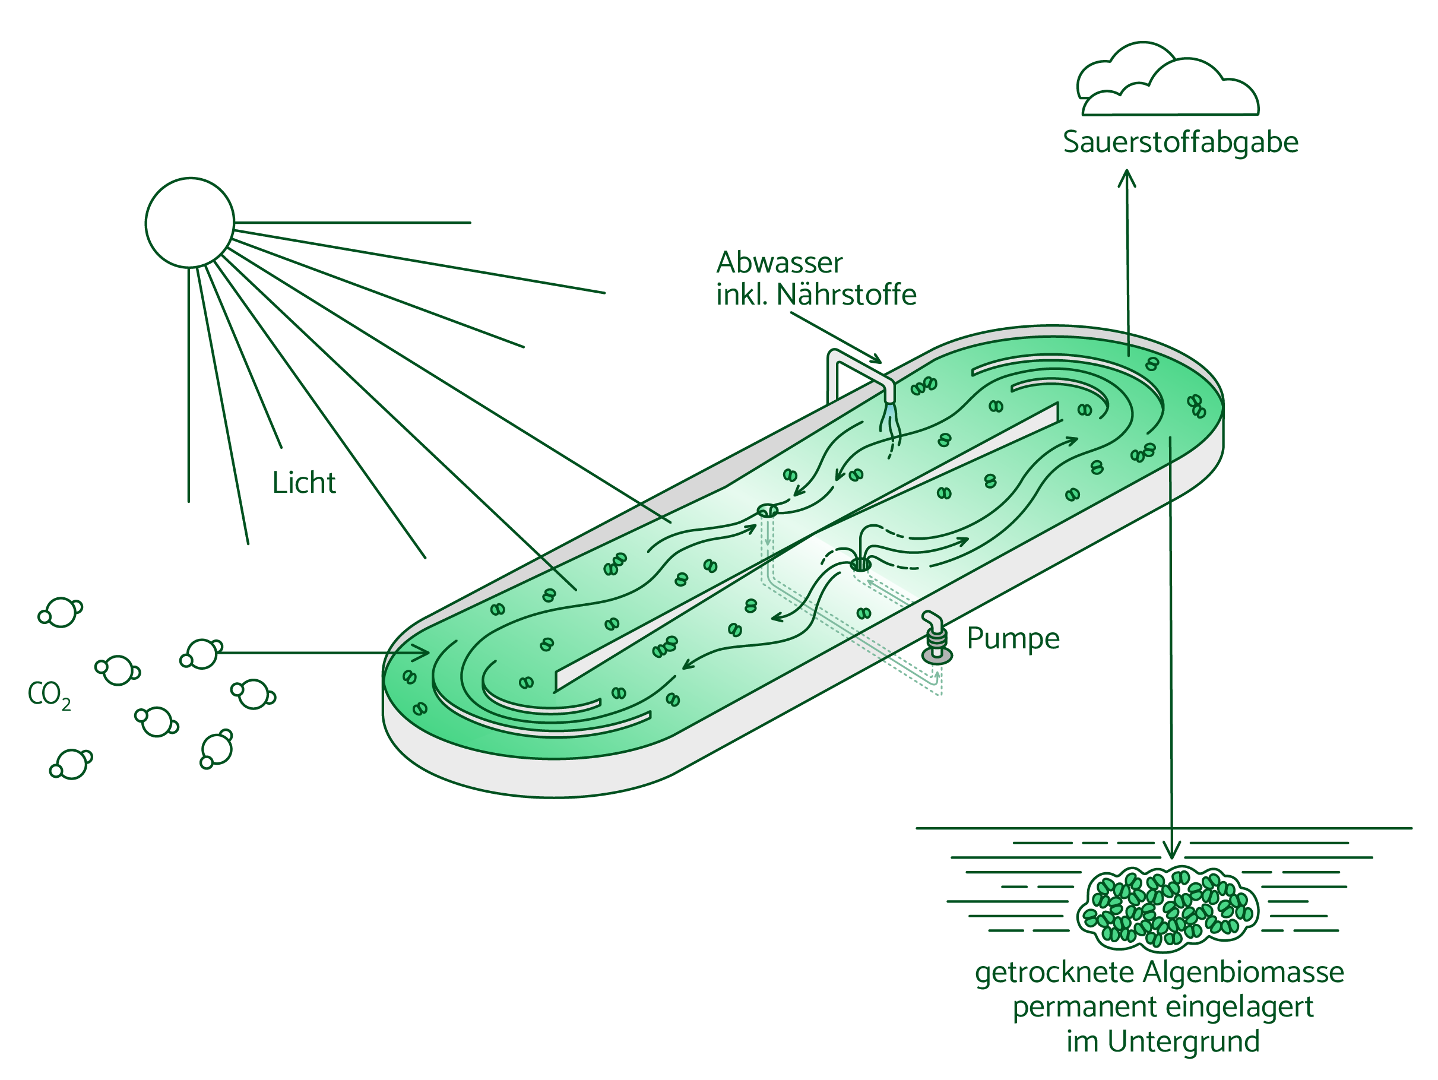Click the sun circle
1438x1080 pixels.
tap(189, 223)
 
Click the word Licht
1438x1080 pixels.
tap(303, 483)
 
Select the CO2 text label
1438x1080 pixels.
tap(49, 695)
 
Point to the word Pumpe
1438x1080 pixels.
tap(1013, 638)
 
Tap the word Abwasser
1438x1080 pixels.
tap(779, 262)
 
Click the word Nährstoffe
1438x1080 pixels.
tap(846, 295)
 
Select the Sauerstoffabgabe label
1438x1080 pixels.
tap(1180, 142)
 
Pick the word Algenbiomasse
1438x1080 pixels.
tap(1242, 973)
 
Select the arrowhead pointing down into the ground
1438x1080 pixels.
tap(1171, 852)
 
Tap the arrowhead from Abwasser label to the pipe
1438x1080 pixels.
tap(876, 360)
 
